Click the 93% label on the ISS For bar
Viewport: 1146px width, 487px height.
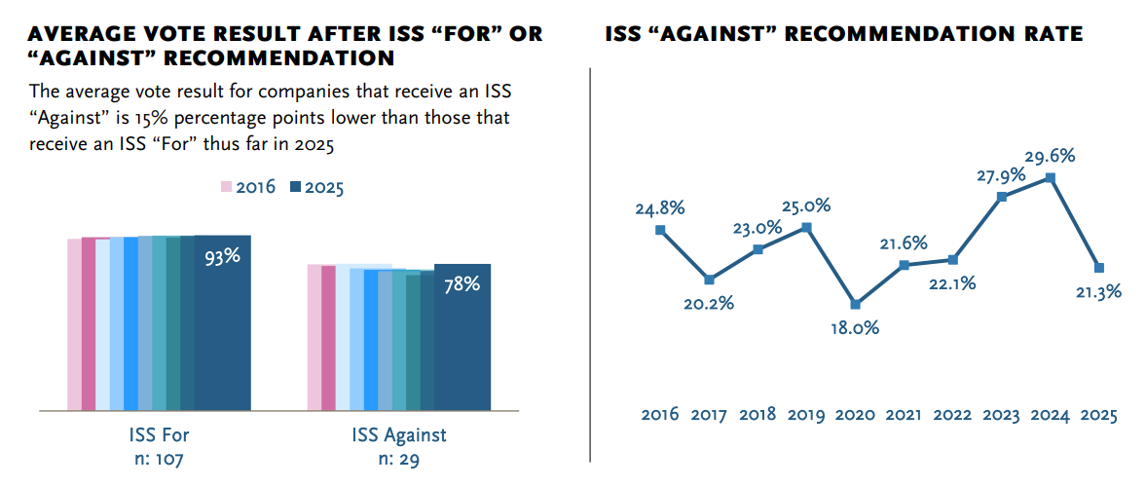coord(222,258)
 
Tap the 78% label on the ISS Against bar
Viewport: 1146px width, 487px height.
coord(462,285)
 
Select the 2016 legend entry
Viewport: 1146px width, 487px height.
coord(247,187)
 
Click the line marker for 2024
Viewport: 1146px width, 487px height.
coord(1051,178)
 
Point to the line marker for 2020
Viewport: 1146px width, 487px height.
coord(856,304)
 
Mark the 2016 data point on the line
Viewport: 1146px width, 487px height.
coord(661,230)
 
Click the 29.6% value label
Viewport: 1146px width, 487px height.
coord(1050,157)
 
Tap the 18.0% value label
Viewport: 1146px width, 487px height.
coord(855,327)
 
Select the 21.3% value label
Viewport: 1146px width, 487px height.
coord(1098,291)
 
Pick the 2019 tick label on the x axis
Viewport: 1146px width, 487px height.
coord(807,415)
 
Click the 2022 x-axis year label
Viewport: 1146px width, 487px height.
coord(953,415)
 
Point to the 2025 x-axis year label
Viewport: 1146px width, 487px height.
coord(1098,415)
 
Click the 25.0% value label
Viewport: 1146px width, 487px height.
coord(807,206)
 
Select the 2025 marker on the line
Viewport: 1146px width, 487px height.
coord(1099,268)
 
